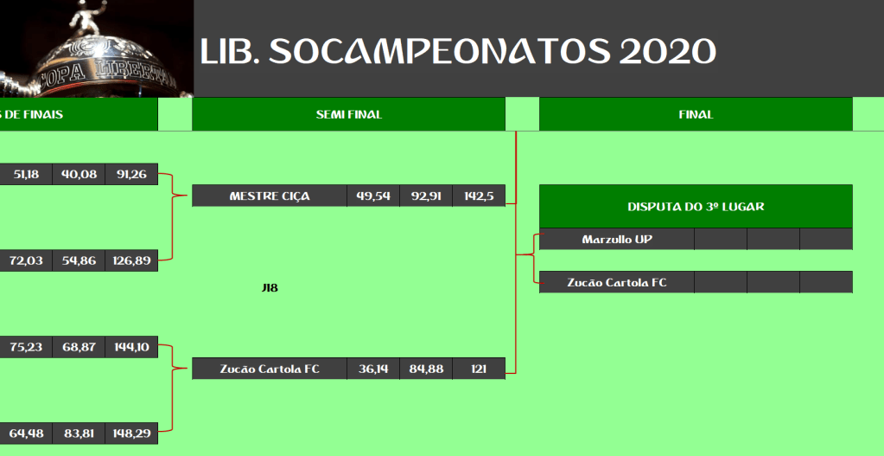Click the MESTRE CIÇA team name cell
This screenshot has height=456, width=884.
click(x=270, y=196)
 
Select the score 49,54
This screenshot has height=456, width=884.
click(x=373, y=196)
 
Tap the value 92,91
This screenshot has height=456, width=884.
click(x=426, y=196)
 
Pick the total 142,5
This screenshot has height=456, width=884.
click(x=479, y=196)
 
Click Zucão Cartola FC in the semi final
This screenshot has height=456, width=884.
click(x=270, y=369)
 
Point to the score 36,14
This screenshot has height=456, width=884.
click(x=373, y=369)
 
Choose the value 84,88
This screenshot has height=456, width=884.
click(x=426, y=369)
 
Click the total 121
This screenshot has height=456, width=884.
click(x=479, y=369)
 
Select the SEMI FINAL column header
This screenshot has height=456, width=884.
click(x=348, y=114)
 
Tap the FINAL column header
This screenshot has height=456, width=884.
click(x=696, y=114)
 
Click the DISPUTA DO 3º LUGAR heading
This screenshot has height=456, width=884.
click(x=696, y=207)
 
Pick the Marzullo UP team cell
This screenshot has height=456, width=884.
click(x=617, y=240)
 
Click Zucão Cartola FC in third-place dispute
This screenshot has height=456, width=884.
click(x=617, y=282)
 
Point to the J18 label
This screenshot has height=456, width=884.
click(x=270, y=288)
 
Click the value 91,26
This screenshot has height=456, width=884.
click(x=131, y=175)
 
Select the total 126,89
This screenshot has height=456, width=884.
click(x=131, y=260)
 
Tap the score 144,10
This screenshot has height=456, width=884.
click(x=131, y=347)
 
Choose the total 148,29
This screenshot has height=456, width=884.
click(x=131, y=434)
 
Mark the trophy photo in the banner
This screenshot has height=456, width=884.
click(x=97, y=48)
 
